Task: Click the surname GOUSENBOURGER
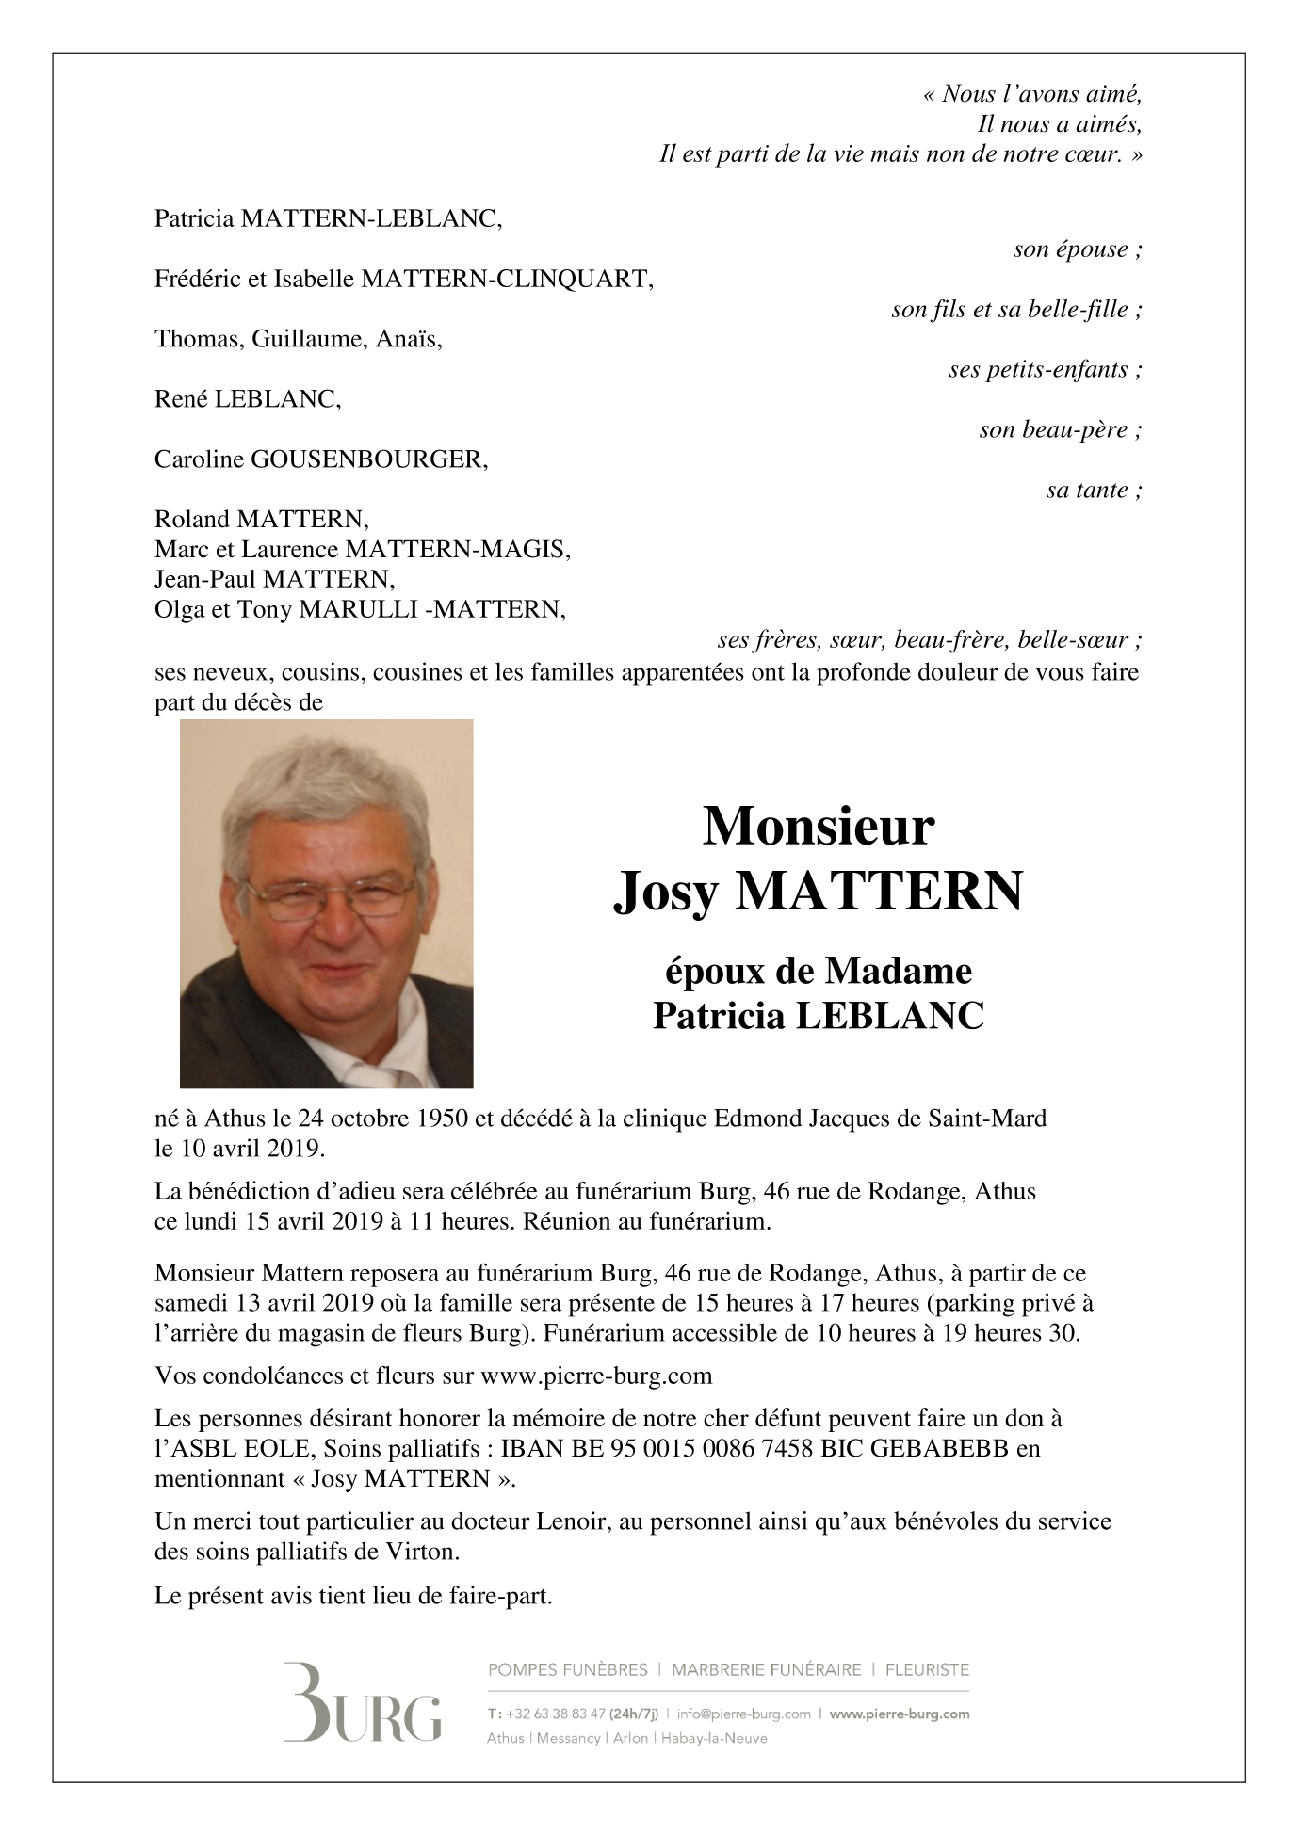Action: click(x=367, y=459)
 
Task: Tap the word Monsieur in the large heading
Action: click(x=819, y=826)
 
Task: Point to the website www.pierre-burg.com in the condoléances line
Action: click(x=596, y=1376)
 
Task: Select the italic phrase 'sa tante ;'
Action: click(x=1094, y=490)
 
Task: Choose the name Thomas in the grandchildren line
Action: click(x=197, y=339)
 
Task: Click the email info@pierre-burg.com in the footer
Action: click(x=744, y=1714)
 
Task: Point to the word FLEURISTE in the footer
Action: click(x=927, y=1669)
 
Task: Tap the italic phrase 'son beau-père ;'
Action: click(x=1061, y=429)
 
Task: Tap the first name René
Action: click(x=182, y=399)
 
